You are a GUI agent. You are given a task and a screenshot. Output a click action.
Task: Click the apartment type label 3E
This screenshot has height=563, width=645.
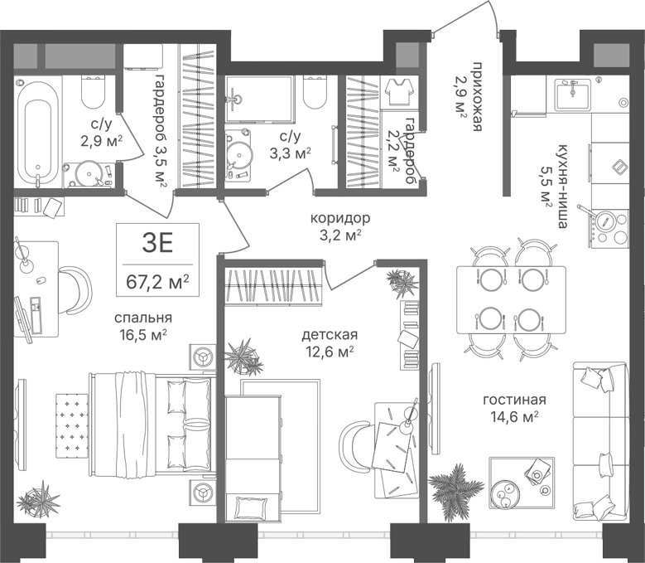(157, 244)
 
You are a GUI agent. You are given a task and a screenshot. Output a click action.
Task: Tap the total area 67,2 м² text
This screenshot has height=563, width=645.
(157, 282)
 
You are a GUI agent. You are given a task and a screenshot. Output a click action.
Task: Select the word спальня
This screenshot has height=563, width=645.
(143, 318)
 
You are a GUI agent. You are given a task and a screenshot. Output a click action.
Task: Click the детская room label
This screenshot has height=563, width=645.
(330, 335)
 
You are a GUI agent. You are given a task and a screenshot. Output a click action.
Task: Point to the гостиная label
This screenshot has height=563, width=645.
(515, 400)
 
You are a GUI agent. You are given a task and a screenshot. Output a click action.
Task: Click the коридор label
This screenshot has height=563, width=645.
(340, 218)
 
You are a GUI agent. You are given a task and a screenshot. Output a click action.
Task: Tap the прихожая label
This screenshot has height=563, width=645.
(477, 97)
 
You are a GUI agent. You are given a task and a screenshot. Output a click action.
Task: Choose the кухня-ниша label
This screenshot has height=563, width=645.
(562, 187)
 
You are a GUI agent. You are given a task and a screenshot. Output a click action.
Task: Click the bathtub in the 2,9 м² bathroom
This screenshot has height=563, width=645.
(38, 133)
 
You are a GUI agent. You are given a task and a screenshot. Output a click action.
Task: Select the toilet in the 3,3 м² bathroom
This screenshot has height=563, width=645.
(315, 92)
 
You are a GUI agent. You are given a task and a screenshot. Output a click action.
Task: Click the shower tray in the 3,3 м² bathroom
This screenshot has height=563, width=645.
(259, 99)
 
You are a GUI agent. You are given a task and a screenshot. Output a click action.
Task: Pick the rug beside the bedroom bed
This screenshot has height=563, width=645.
(72, 425)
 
